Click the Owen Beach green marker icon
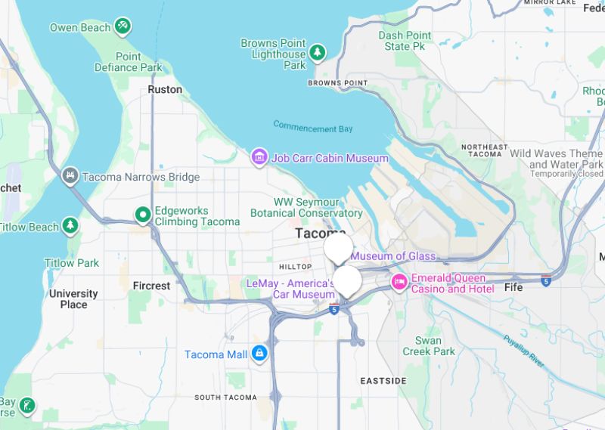(123, 27)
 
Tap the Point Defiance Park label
(128, 62)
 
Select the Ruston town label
(165, 89)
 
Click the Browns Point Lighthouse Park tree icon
(318, 52)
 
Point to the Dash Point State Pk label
(405, 41)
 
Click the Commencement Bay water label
(313, 127)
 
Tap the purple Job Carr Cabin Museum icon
(259, 157)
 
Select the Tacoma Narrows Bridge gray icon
(70, 176)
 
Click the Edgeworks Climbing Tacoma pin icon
(142, 215)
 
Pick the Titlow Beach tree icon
(70, 225)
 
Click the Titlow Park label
(71, 263)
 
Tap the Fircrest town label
(151, 286)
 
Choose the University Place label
(73, 299)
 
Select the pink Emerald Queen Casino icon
(399, 283)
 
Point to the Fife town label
(513, 287)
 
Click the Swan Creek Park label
(429, 345)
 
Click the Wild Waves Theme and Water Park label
(556, 159)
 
